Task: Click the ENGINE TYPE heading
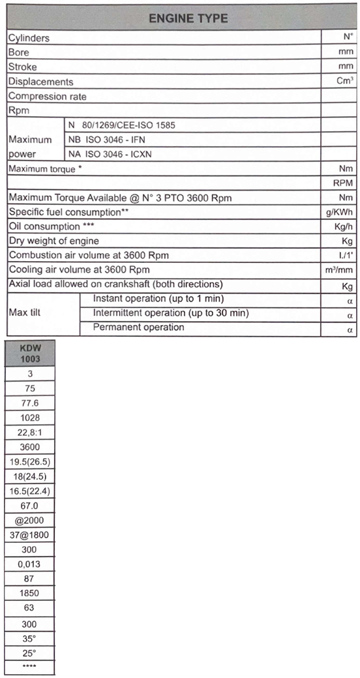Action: pos(188,18)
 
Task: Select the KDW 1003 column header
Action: pos(30,354)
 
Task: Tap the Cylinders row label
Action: pos(29,39)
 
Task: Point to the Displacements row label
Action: pos(40,82)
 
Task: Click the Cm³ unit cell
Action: pos(344,81)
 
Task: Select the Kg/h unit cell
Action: pos(343,226)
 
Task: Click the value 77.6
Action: pos(30,403)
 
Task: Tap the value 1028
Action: pos(30,418)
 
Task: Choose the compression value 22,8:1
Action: pos(30,432)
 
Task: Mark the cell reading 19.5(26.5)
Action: pos(30,461)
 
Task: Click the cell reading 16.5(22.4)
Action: pos(30,491)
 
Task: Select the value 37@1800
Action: pos(30,535)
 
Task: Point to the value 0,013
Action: pos(30,564)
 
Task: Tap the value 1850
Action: pos(30,594)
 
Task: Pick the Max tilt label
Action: pos(25,313)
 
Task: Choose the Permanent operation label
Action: pos(138,327)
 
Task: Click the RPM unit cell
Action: pos(343,183)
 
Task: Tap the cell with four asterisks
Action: pos(30,667)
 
